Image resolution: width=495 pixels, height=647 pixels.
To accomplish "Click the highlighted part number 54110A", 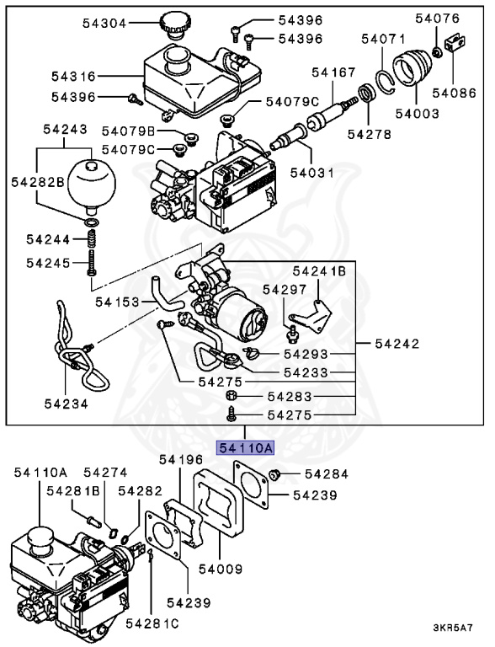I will (246, 448).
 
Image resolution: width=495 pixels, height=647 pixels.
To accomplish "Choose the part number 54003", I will (412, 112).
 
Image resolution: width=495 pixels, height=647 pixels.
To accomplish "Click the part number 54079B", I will (129, 131).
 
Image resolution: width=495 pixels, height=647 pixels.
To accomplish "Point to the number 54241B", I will (319, 271).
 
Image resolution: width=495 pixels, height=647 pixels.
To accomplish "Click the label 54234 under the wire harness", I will (67, 403).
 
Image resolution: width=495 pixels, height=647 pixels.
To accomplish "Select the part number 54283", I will (290, 395).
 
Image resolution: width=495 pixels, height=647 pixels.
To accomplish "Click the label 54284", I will (327, 474).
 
